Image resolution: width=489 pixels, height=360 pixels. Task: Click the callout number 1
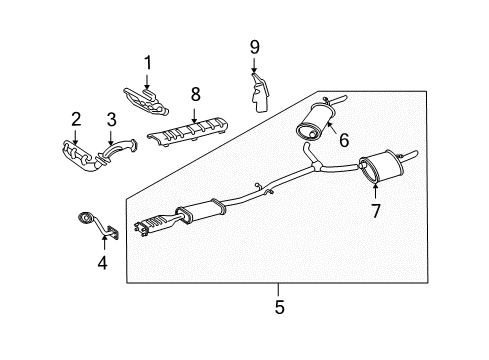(x=147, y=63)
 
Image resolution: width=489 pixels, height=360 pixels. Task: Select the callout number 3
(x=112, y=119)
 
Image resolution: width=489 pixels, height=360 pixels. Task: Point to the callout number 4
(x=101, y=264)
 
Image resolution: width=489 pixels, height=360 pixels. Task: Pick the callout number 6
(x=343, y=140)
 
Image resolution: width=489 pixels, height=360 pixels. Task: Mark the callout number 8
(x=196, y=94)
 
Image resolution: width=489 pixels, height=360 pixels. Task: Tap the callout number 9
(x=254, y=46)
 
